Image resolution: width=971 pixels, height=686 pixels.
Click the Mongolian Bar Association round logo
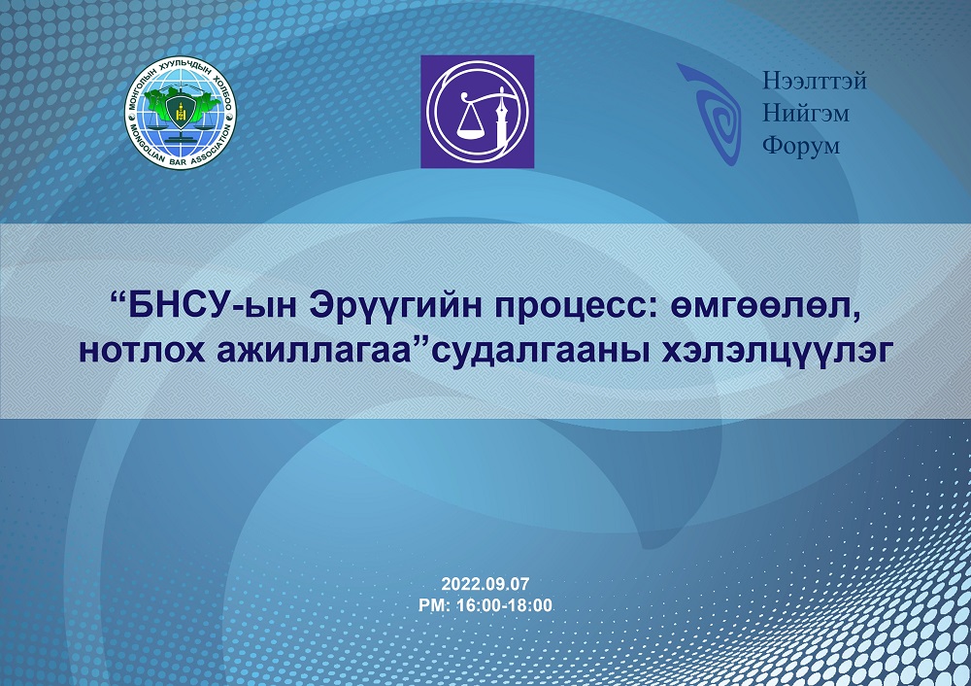tap(181, 112)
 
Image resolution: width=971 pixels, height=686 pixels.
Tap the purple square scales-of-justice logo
tap(478, 112)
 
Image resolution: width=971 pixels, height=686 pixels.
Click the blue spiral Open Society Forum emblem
tap(711, 114)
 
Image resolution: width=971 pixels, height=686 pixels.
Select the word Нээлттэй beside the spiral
tap(815, 81)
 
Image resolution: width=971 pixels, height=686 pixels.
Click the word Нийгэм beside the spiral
tap(805, 113)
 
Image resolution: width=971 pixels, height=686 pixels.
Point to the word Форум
tap(801, 147)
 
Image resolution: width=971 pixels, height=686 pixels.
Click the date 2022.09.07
tap(485, 584)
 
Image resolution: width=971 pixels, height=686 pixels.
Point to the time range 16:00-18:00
tap(504, 605)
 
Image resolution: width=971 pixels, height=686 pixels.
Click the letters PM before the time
tap(433, 605)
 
